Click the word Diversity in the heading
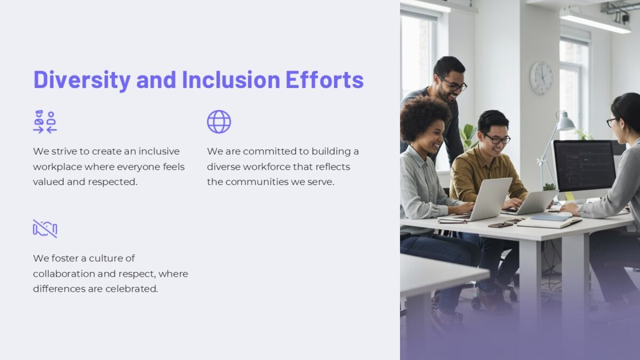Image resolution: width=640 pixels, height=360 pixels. point(82,79)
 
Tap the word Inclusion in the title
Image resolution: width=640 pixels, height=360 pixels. point(231,79)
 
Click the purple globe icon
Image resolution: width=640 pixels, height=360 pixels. point(219,122)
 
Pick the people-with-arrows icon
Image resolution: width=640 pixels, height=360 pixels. point(45,122)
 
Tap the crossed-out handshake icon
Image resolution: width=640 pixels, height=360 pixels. point(45,228)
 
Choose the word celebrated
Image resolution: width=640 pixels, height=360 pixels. point(131,289)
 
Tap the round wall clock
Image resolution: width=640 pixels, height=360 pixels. point(541,77)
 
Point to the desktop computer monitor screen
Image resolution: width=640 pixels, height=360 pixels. point(583,163)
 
